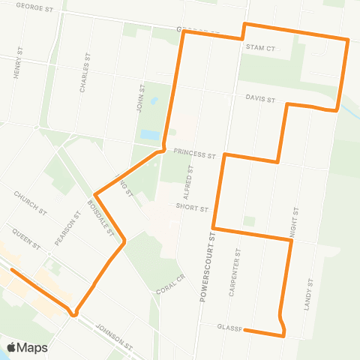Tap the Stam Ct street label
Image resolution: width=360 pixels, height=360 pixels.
click(261, 46)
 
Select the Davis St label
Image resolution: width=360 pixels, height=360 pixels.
click(261, 99)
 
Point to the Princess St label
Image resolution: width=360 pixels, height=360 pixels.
click(194, 152)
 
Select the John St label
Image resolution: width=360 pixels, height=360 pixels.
click(140, 98)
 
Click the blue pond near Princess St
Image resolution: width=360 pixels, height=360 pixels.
click(150, 136)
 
